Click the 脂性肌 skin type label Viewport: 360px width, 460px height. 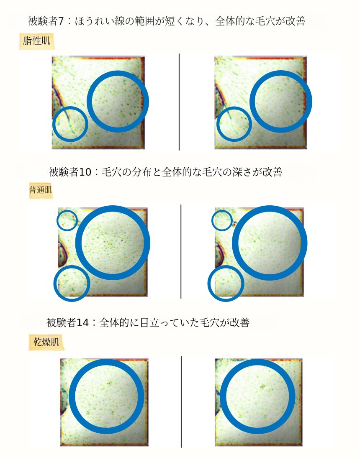tap(37, 41)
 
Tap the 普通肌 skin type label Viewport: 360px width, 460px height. tap(41, 190)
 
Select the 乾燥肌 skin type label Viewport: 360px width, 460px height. tap(46, 342)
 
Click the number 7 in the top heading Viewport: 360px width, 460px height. tap(61, 21)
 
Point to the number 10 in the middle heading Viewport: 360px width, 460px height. tap(85, 172)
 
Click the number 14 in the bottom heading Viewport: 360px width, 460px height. tap(82, 323)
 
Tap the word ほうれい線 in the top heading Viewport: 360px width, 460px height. tap(100, 21)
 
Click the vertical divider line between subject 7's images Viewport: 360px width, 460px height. tap(179, 102)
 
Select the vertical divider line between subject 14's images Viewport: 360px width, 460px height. tap(181, 402)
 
